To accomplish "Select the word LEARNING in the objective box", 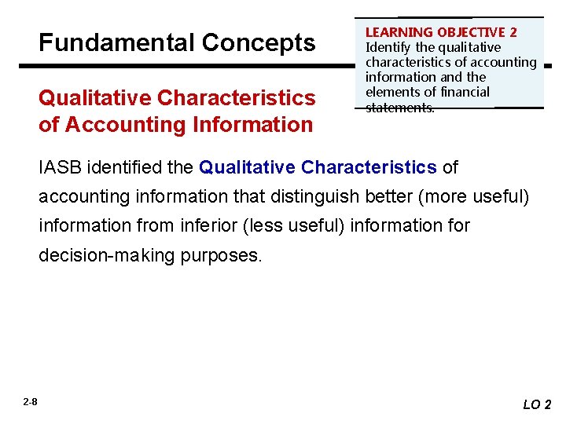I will pyautogui.click(x=399, y=32).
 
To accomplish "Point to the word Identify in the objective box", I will pyautogui.click(x=388, y=47).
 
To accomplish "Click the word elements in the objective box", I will pyautogui.click(x=391, y=92).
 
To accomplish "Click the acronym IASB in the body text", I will pyautogui.click(x=61, y=167).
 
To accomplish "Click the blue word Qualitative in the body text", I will pyautogui.click(x=248, y=167).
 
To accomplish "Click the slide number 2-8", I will pyautogui.click(x=30, y=402).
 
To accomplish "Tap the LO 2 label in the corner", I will pyautogui.click(x=538, y=404).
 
